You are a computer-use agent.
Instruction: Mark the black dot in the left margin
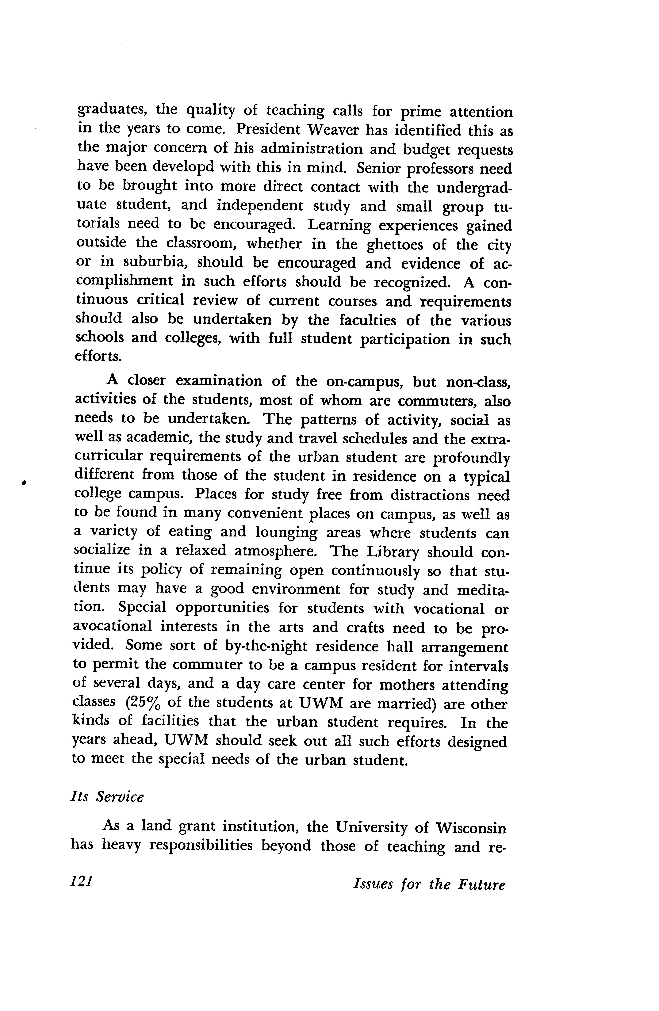click(x=25, y=482)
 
